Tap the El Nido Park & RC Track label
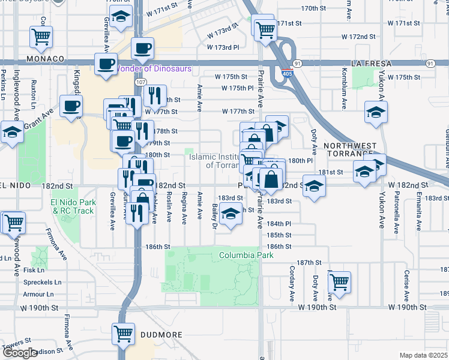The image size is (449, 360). click(73, 207)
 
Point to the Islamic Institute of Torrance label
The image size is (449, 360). click(214, 160)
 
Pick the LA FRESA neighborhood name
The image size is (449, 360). click(372, 63)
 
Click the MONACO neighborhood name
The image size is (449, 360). click(45, 59)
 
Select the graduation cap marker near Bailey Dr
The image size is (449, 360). click(230, 213)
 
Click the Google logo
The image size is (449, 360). click(20, 353)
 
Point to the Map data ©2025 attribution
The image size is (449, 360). click(424, 355)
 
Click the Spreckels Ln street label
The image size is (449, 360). click(42, 282)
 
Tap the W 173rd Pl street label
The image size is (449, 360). click(223, 47)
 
